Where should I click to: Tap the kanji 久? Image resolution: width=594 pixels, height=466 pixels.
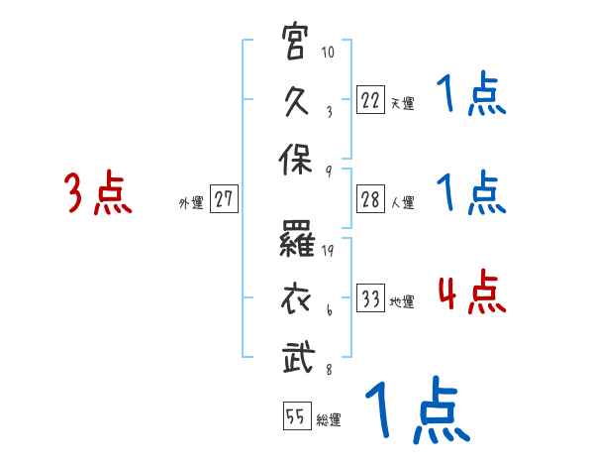tap(297, 100)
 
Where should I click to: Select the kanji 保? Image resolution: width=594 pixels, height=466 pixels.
tap(297, 160)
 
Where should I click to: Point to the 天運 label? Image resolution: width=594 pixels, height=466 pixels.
tap(402, 102)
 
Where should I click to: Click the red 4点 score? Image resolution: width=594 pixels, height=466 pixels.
tap(471, 293)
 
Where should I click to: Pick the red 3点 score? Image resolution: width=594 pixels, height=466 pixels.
tap(97, 194)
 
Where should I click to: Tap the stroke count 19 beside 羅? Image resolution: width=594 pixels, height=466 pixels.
tap(327, 251)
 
